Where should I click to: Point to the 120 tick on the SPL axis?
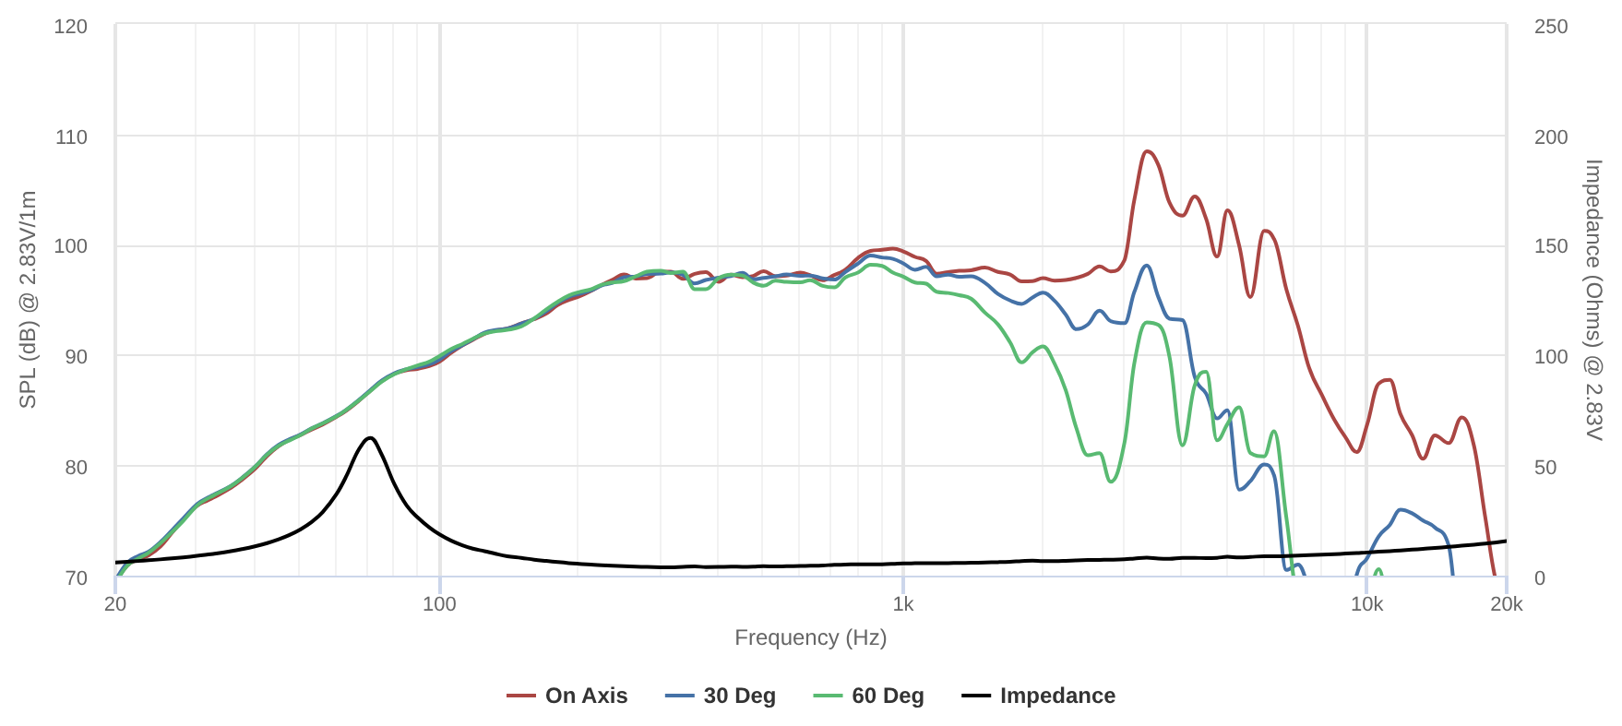point(71,27)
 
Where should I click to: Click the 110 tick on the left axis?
point(71,137)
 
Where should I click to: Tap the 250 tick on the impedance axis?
point(1551,27)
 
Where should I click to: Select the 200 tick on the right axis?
point(1551,137)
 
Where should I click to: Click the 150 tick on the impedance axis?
point(1551,246)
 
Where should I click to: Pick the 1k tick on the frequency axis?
point(903,604)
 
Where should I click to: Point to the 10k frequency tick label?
point(1366,604)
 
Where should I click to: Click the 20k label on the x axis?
point(1507,604)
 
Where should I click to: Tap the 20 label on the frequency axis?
point(115,604)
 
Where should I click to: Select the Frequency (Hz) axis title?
point(810,637)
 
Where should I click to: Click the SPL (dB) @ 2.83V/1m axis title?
point(28,300)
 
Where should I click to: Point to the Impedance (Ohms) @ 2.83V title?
point(1593,300)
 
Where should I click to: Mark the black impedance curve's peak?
point(370,437)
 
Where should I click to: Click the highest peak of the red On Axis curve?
point(1147,151)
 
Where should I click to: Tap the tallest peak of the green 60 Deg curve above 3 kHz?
point(1148,322)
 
